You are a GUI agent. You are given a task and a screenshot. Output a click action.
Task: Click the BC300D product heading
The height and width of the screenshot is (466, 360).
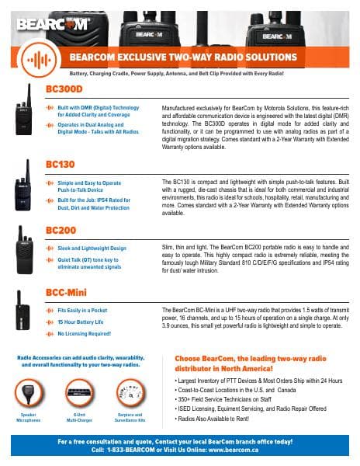64,89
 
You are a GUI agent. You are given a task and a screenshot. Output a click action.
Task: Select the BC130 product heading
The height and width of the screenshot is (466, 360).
61,165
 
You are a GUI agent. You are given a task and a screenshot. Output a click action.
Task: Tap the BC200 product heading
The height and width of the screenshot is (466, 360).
61,231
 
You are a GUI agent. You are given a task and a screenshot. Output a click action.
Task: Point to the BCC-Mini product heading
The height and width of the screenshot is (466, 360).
66,293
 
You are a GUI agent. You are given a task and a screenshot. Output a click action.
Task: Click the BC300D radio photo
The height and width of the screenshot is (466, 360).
24,110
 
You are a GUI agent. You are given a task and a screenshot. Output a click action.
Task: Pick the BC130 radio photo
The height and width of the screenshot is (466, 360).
23,185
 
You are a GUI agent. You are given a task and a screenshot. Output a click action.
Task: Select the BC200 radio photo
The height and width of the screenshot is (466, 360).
24,250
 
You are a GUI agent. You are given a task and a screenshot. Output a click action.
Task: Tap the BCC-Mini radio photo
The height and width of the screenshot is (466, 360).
22,310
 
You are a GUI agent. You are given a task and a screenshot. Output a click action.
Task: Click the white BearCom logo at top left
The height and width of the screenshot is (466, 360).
52,24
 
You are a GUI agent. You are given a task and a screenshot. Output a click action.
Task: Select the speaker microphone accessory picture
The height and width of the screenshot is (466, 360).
29,393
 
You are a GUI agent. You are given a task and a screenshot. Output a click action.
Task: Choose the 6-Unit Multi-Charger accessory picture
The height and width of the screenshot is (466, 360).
79,393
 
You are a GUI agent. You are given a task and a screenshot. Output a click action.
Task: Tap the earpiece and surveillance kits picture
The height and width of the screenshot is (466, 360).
130,393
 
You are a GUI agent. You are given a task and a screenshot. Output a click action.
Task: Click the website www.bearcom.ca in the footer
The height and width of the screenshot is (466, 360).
234,450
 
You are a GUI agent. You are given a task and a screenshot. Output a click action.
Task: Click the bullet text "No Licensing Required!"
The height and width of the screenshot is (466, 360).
85,334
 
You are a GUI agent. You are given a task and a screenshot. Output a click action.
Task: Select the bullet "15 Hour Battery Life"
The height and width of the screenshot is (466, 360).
81,322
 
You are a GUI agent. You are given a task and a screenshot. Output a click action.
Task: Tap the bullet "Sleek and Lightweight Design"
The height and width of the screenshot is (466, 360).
92,249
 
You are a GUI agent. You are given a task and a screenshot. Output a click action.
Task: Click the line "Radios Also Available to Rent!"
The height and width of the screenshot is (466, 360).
213,419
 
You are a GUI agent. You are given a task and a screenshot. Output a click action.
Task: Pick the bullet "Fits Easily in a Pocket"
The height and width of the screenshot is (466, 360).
82,310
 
